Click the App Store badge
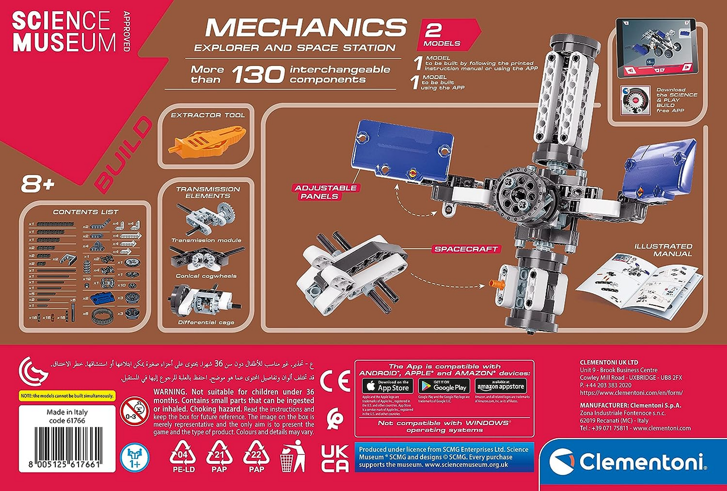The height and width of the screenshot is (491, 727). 387,386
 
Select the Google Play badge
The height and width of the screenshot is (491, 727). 444,386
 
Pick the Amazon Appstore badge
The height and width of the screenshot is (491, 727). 501,386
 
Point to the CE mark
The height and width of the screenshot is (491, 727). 335,381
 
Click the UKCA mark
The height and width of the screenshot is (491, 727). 335,458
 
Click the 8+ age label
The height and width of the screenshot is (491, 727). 37,185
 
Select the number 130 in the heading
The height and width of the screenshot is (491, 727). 258,75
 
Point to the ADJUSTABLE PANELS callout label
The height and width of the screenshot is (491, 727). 326,192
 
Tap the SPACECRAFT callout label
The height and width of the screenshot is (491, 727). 466,249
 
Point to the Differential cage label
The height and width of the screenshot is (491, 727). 206,322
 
